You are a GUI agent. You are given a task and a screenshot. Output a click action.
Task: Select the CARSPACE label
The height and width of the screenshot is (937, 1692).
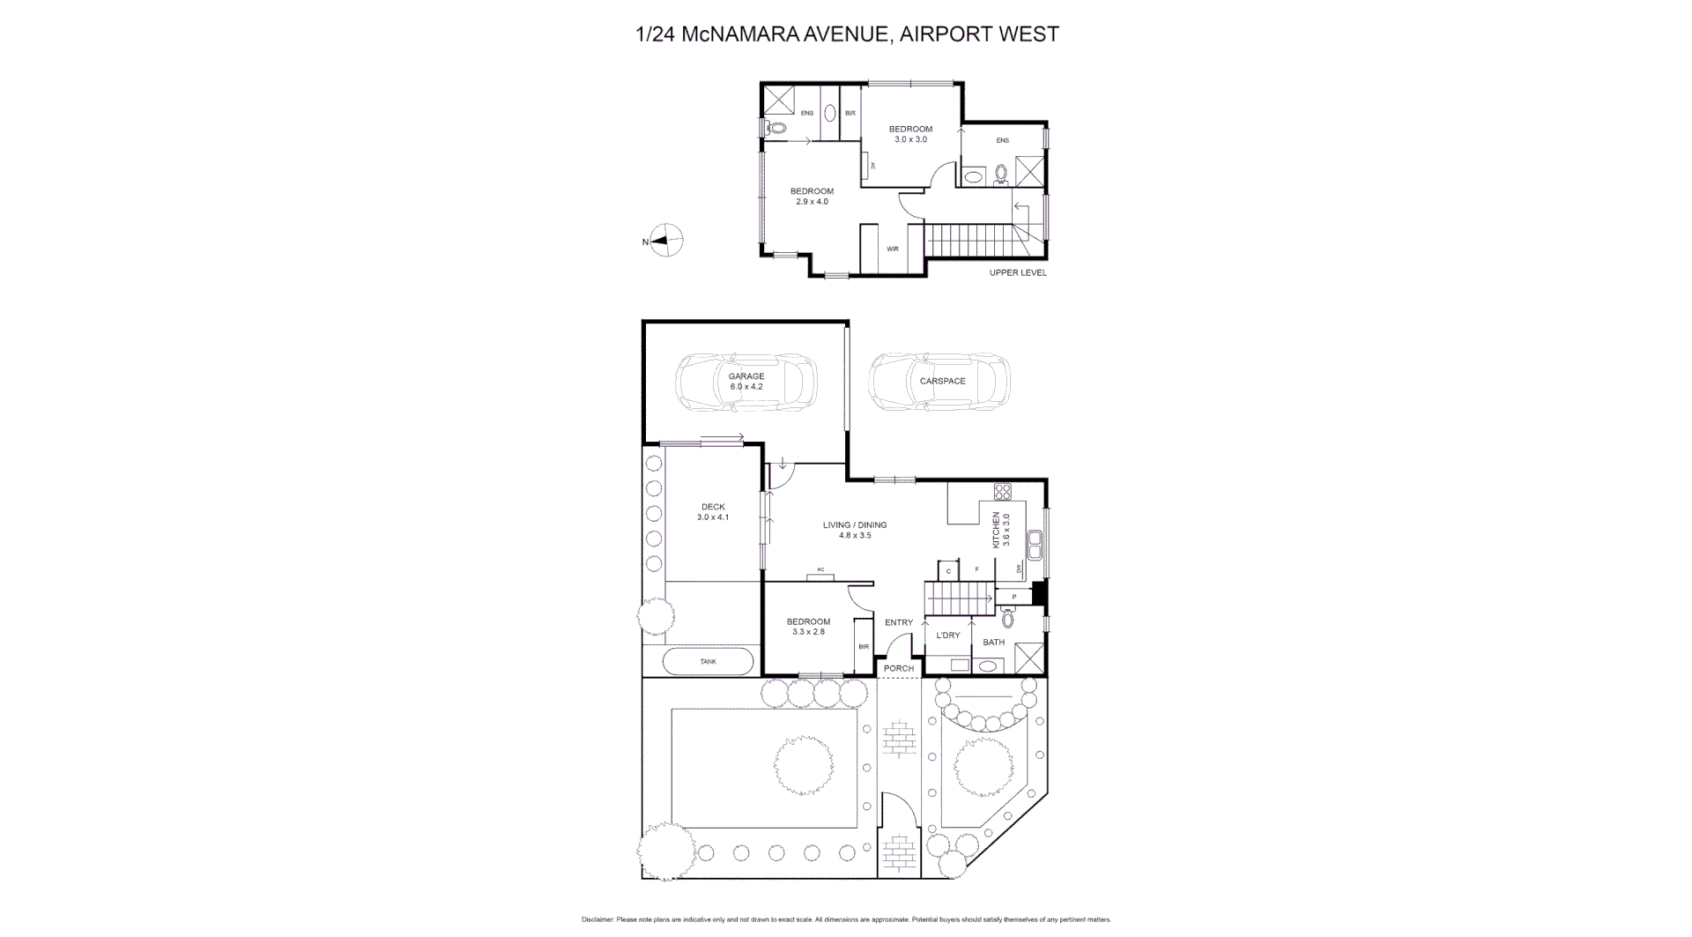[942, 381]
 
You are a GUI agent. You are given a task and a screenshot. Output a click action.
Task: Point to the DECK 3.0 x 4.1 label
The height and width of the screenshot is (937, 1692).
[713, 512]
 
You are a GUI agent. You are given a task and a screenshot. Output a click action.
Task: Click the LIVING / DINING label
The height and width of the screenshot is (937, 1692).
[855, 530]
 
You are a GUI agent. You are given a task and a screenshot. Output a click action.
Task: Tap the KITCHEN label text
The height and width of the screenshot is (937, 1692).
[998, 530]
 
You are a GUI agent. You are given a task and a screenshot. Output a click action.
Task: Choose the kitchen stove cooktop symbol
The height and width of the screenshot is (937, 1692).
[1002, 491]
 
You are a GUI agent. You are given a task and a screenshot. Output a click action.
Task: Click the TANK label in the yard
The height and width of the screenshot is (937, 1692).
[708, 661]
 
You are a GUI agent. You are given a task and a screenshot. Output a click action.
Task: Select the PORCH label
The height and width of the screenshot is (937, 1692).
[899, 668]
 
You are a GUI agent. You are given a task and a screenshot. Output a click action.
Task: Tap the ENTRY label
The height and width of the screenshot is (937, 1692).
[899, 622]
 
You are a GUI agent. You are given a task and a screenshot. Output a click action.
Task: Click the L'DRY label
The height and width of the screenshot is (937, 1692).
[948, 636]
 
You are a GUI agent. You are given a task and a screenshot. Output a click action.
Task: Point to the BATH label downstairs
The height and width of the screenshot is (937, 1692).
[994, 642]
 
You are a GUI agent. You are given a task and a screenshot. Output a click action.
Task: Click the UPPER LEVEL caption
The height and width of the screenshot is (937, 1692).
[1018, 273]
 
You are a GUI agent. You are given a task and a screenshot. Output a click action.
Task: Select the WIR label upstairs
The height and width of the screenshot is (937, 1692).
[893, 249]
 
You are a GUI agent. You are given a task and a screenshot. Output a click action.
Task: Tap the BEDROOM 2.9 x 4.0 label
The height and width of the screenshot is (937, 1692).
[812, 197]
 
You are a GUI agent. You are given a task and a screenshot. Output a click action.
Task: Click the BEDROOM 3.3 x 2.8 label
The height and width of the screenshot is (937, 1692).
[808, 626]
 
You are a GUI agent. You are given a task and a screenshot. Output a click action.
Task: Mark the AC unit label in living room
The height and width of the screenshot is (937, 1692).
[820, 569]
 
